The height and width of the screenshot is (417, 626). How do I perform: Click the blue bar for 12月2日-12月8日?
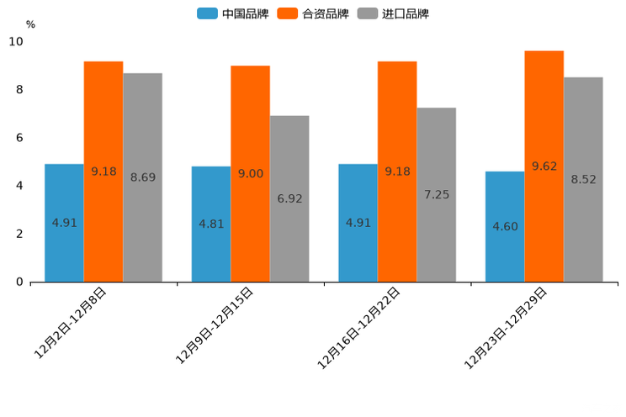(x=64, y=223)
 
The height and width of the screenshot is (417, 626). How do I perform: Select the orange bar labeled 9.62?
(x=544, y=166)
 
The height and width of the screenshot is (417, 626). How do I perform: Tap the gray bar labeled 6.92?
(x=289, y=198)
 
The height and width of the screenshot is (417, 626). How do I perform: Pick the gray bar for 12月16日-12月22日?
(x=436, y=194)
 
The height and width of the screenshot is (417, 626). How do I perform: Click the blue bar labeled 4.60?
(x=505, y=227)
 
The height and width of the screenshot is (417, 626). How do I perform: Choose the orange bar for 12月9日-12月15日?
(x=250, y=173)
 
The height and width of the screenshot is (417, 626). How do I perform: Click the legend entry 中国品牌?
(x=233, y=13)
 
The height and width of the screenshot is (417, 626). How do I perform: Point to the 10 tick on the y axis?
(x=16, y=41)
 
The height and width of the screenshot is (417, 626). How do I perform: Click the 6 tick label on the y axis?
(x=19, y=138)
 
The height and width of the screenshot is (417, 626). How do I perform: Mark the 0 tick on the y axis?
(x=19, y=282)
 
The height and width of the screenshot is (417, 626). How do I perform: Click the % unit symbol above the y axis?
(x=30, y=24)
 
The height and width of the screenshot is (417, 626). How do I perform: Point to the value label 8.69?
(x=143, y=177)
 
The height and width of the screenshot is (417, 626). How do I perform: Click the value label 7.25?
(x=437, y=194)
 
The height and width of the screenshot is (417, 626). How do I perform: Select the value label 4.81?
(x=211, y=224)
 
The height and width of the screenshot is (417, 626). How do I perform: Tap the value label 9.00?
(x=251, y=173)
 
